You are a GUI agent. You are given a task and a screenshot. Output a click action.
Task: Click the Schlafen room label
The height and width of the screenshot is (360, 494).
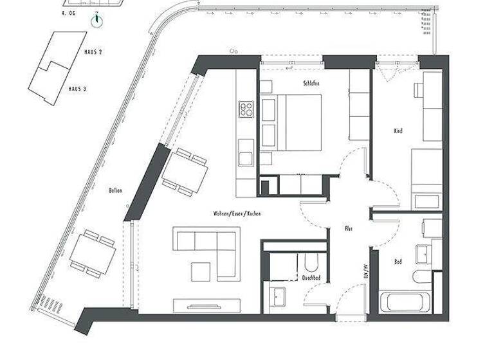[x=311, y=84]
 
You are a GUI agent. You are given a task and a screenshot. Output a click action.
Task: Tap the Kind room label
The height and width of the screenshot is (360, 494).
[x=398, y=130]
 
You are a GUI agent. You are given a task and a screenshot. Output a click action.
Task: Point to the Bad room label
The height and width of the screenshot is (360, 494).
[x=398, y=262]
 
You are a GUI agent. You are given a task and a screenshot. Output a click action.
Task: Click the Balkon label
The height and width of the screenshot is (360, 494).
[x=116, y=190]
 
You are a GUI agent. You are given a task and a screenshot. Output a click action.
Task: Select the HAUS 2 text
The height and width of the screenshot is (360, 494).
[x=93, y=51]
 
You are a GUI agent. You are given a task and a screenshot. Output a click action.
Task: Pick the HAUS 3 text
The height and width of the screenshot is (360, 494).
[x=77, y=88]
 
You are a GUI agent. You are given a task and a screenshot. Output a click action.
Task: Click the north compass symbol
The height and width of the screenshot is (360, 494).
[x=96, y=21]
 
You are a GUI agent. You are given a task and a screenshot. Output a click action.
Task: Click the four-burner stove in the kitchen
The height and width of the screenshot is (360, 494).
[x=247, y=109]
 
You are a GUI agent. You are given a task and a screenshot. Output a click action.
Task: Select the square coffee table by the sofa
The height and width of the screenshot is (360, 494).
[x=201, y=272]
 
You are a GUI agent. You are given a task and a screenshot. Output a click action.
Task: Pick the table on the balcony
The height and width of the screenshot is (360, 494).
[x=93, y=255]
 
